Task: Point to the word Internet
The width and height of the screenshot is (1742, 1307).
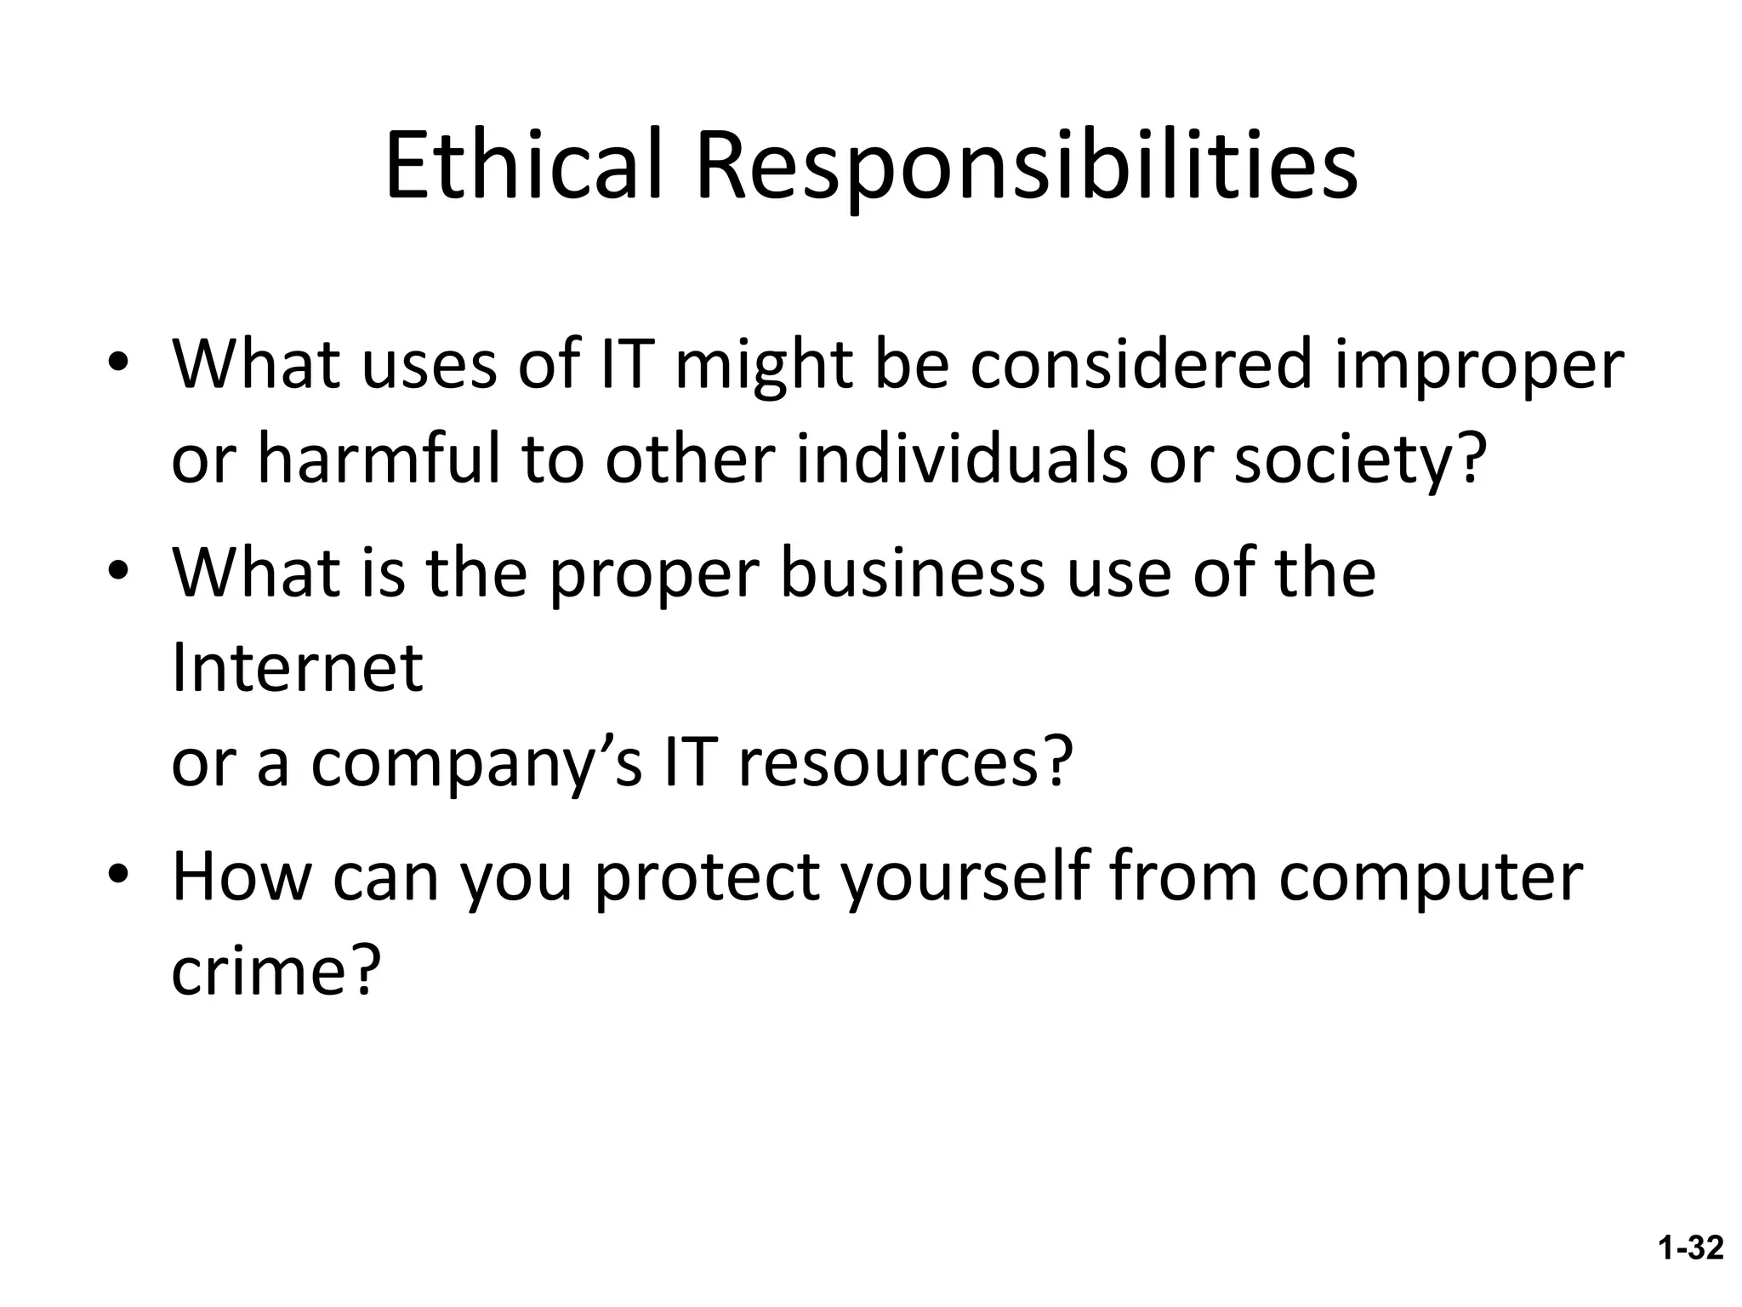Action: click(297, 668)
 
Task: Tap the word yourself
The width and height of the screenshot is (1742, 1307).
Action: click(965, 878)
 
